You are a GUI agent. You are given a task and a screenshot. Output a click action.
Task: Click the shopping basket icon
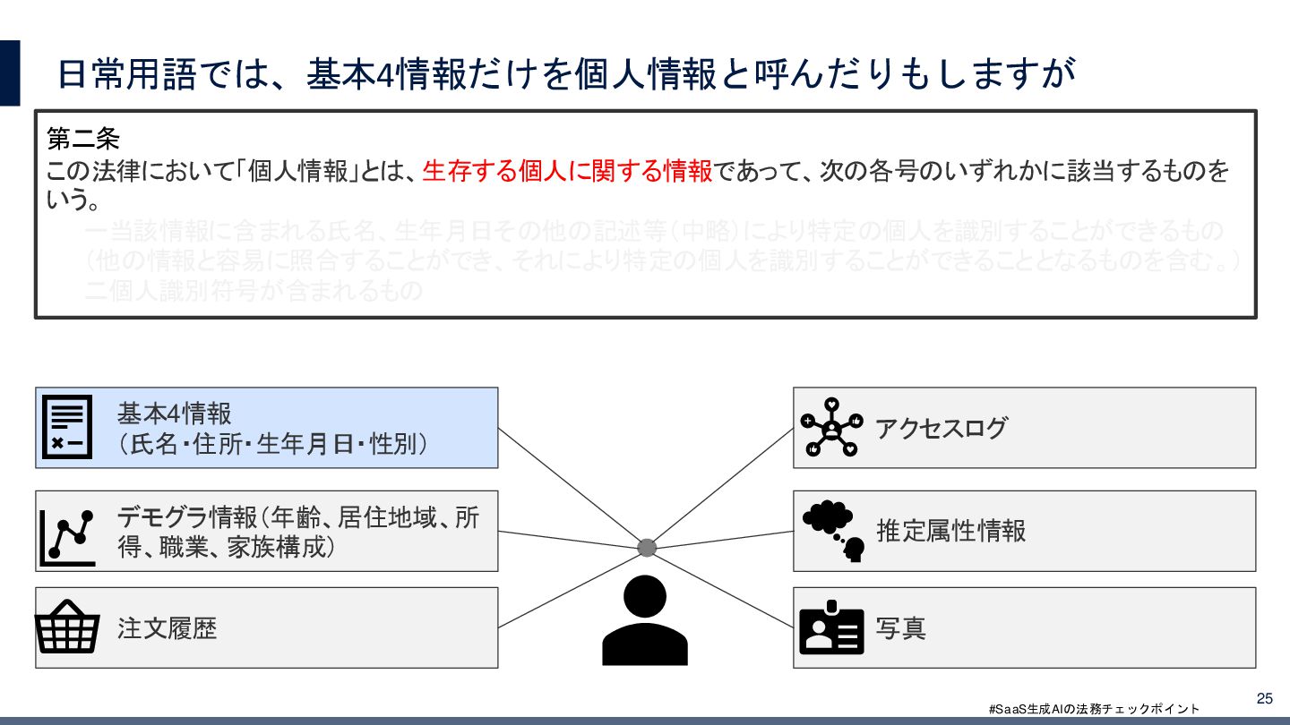coord(67,627)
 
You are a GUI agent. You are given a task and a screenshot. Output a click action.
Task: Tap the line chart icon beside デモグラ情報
coord(67,537)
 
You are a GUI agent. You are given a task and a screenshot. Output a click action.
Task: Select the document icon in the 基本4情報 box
coord(67,427)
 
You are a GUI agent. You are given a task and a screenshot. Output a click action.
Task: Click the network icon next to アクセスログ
coord(831,427)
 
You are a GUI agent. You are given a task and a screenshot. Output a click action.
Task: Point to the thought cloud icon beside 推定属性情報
coord(833,530)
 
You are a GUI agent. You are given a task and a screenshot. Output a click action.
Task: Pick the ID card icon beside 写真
coord(831,628)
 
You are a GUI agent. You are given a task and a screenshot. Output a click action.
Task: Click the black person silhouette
coord(645,619)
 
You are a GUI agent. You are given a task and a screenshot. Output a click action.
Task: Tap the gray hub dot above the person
coord(647,548)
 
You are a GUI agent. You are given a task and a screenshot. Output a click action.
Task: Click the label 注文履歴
coord(168,628)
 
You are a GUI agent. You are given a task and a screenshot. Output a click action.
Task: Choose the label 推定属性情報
coord(950,531)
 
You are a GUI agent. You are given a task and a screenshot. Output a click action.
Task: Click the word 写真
coord(900,628)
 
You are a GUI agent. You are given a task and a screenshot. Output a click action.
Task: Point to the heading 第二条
coord(82,140)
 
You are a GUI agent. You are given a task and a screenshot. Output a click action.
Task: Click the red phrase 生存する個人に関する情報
coord(567,170)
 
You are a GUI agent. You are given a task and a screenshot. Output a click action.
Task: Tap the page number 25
coord(1265,698)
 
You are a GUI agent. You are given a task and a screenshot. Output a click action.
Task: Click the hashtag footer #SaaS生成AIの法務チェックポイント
coord(1094,709)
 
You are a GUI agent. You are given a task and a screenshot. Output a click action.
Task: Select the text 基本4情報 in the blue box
coord(174,414)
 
